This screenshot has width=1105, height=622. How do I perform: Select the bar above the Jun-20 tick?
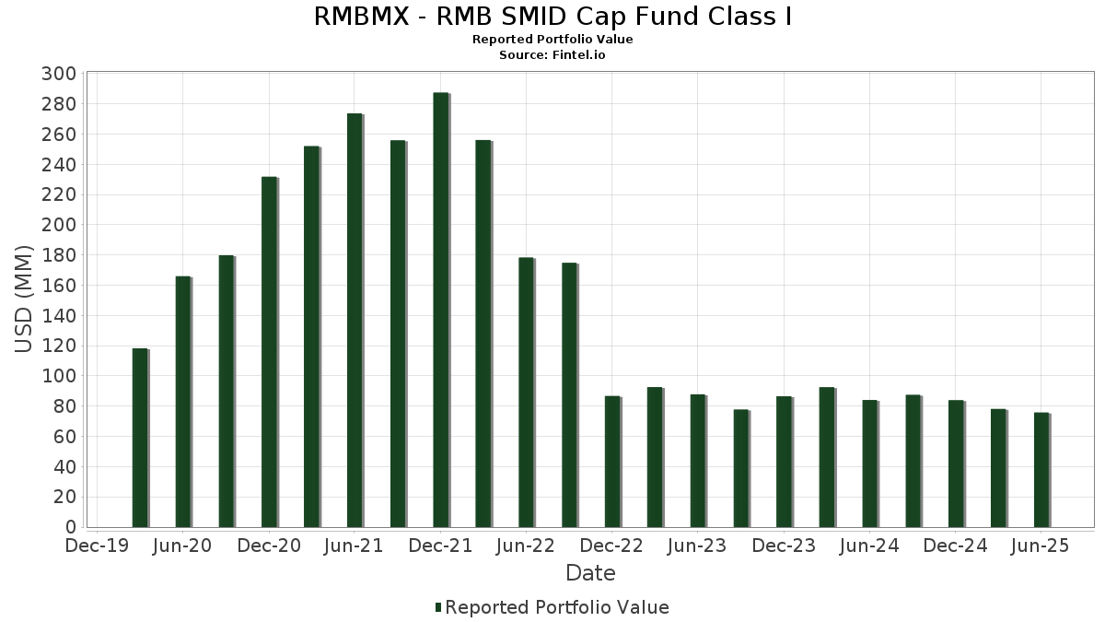(182, 402)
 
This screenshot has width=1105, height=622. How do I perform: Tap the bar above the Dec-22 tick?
(612, 462)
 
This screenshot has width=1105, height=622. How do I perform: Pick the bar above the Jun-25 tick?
(1041, 470)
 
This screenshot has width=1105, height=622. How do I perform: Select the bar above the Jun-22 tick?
(526, 393)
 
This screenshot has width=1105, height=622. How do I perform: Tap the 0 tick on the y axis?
(70, 527)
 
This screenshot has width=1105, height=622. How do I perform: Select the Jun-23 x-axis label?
(697, 546)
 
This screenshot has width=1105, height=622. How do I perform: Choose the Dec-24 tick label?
(955, 546)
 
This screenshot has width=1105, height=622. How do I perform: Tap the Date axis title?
(590, 573)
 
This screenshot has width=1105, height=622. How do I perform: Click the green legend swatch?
(438, 607)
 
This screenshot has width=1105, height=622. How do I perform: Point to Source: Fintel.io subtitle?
(552, 55)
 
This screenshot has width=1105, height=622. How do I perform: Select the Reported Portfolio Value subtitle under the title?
(552, 40)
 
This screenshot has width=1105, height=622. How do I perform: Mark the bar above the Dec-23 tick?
(784, 462)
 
